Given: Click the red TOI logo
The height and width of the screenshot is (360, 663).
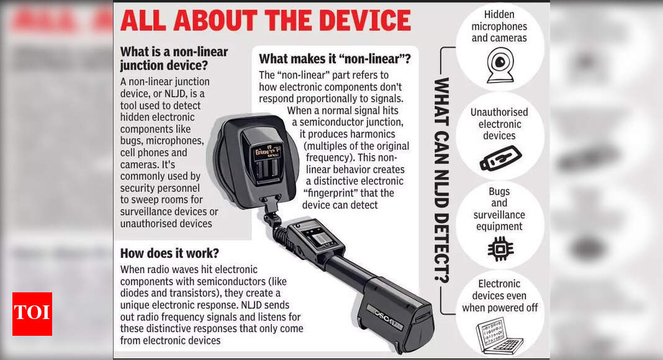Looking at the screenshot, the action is [x=32, y=314].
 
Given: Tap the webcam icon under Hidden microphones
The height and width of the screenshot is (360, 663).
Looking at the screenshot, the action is [x=500, y=65].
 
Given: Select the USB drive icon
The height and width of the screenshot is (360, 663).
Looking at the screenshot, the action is [x=500, y=158].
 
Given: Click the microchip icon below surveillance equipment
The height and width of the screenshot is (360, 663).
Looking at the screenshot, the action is [x=500, y=248].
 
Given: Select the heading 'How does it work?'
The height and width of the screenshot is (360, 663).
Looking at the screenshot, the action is [x=169, y=253].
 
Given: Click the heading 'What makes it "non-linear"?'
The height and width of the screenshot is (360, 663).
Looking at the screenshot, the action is [x=335, y=59].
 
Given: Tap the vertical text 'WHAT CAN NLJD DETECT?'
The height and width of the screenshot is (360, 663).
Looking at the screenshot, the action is [x=441, y=180].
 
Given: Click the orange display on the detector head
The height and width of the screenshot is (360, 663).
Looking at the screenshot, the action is [x=267, y=151].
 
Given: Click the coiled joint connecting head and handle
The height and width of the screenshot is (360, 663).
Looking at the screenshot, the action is [x=276, y=223].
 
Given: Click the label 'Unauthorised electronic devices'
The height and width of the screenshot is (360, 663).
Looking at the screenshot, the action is [x=499, y=124].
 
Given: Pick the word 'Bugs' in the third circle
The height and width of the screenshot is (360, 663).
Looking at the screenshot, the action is [x=499, y=191].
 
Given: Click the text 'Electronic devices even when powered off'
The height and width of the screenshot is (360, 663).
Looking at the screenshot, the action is [x=500, y=296].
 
